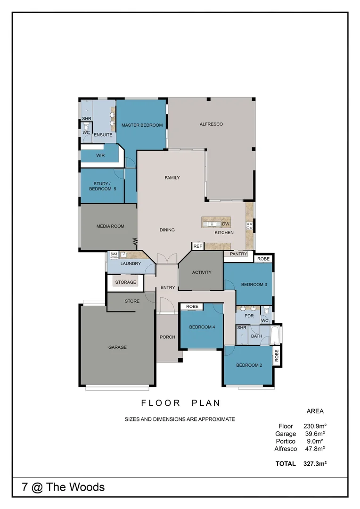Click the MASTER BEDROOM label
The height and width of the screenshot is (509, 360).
point(142,125)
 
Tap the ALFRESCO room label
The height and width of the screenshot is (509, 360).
point(211,124)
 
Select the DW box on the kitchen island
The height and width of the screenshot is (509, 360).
point(225,224)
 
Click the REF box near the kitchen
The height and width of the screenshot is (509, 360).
point(197,246)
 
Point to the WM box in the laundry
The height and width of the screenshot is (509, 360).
point(114,254)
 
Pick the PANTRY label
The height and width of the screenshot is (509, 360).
point(238,254)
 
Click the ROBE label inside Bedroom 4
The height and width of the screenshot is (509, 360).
point(192,306)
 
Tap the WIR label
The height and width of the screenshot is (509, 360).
point(100,156)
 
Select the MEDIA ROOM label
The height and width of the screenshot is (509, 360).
point(110,226)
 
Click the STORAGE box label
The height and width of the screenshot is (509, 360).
point(125,282)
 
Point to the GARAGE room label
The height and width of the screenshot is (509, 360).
point(117,347)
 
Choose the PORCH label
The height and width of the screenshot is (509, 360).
point(167,337)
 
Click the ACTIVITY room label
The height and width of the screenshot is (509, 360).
point(202,272)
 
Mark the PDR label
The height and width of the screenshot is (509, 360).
point(249,316)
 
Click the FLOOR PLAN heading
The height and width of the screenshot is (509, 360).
point(180,403)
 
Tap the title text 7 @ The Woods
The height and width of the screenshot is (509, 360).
point(64,487)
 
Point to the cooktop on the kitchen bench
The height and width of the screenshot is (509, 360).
point(250,225)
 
